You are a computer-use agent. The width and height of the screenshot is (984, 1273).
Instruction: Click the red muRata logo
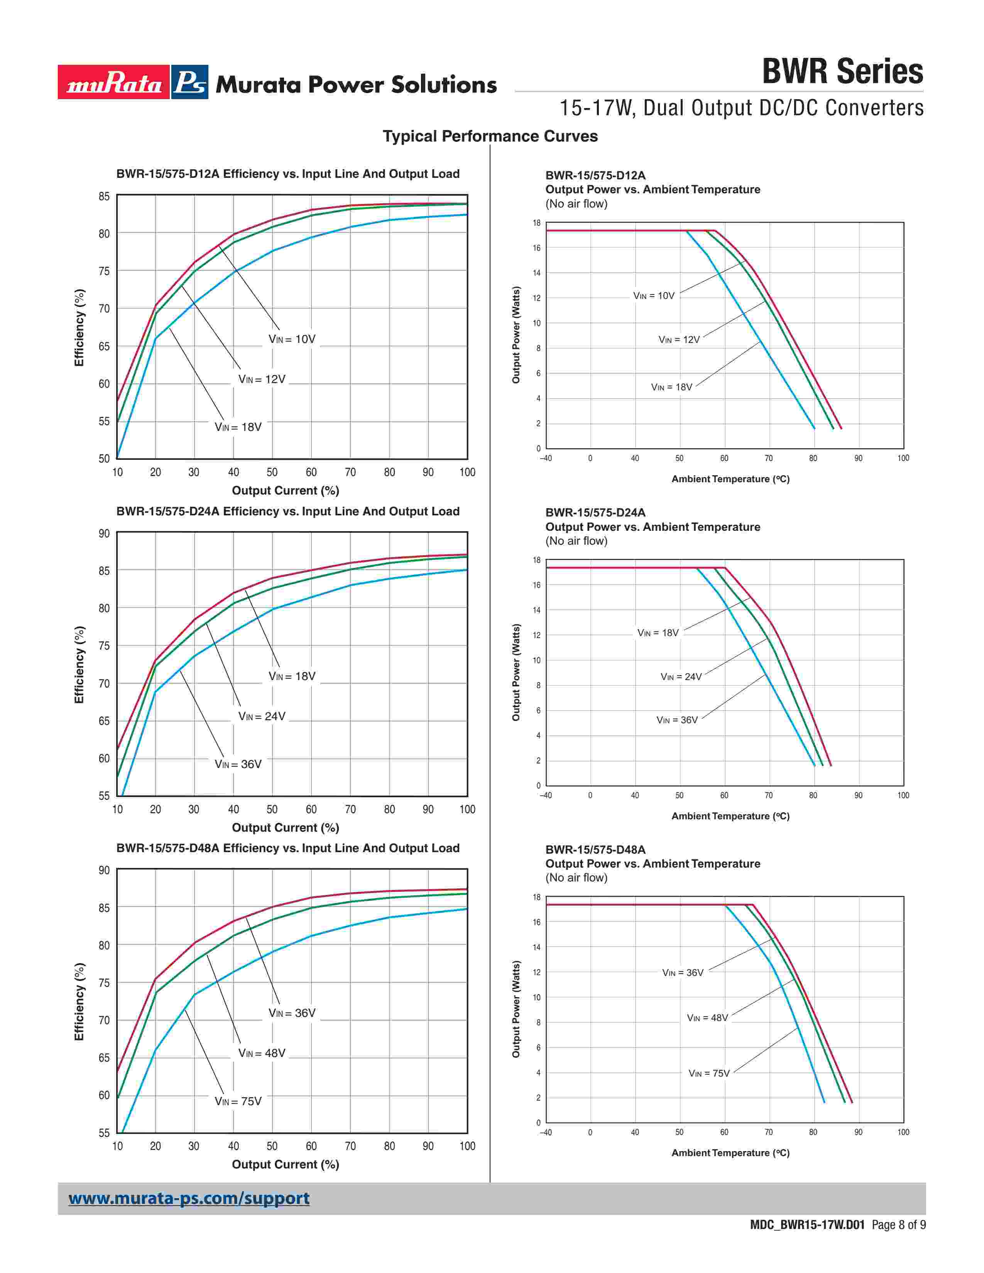point(114,82)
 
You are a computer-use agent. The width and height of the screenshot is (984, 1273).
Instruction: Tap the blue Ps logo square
point(190,82)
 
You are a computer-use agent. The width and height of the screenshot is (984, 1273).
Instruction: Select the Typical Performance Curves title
point(490,137)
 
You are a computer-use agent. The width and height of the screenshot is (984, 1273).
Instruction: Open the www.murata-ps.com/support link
point(189,1199)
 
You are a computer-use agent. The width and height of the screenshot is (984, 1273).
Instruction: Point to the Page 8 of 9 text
point(898,1225)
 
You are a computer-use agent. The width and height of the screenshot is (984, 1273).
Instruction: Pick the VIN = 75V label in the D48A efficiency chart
point(238,1101)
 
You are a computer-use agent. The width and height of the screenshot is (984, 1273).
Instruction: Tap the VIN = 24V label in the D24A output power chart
point(681,677)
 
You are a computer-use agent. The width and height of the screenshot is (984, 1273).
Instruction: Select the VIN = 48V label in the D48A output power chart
point(707,1018)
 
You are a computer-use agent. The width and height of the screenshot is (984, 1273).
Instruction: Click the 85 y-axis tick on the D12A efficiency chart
point(104,196)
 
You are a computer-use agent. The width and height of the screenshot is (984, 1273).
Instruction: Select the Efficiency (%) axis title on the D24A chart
point(79,665)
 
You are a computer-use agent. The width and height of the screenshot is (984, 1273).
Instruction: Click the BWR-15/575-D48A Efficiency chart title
point(287,848)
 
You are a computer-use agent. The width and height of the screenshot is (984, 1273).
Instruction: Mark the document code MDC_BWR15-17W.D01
point(807,1225)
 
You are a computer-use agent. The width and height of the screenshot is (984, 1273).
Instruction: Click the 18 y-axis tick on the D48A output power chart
point(536,897)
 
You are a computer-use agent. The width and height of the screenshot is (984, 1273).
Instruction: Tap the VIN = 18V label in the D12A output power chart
point(671,387)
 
